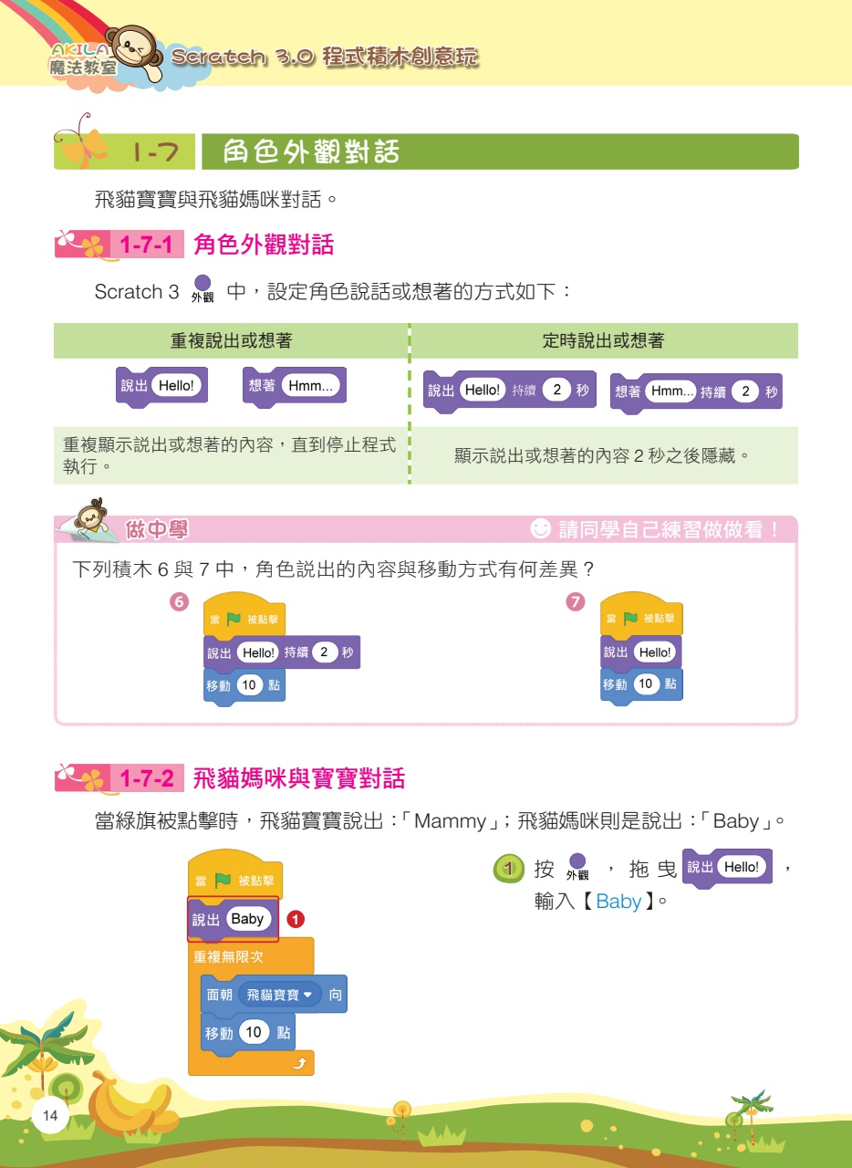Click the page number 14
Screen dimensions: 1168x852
[49, 1116]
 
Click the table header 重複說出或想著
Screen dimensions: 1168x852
[231, 340]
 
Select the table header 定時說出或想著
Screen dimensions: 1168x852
[603, 340]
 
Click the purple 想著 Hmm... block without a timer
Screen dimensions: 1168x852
[294, 386]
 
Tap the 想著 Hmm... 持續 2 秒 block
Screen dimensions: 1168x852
[695, 392]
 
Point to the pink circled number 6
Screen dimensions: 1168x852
[180, 602]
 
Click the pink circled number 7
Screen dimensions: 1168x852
[575, 602]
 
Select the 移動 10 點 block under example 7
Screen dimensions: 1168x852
[640, 684]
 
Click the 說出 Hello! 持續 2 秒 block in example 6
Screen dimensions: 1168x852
[281, 652]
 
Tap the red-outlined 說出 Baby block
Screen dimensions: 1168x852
[233, 919]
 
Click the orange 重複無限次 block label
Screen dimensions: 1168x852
[229, 958]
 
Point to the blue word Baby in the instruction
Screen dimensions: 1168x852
[618, 902]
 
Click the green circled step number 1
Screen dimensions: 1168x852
[508, 869]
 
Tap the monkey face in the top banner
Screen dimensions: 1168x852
[134, 50]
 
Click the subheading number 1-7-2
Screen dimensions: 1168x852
[147, 779]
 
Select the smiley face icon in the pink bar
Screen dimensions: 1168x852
[541, 528]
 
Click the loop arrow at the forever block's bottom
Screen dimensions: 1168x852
[297, 1064]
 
